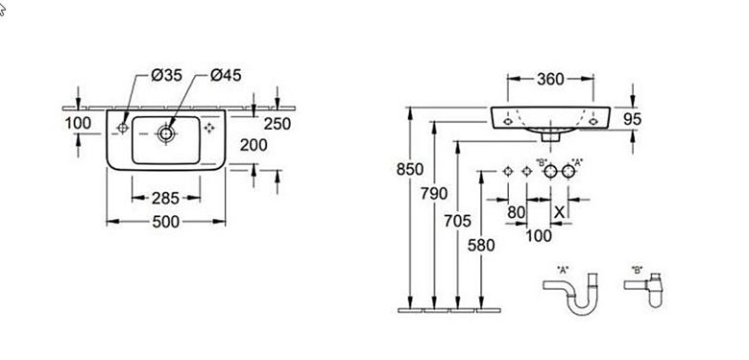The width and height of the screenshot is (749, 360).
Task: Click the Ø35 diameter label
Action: (167, 75)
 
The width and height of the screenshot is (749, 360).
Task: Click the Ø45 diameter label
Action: (226, 75)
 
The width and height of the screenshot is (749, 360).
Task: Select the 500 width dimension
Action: (166, 222)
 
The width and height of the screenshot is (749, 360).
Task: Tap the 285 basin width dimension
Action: (166, 198)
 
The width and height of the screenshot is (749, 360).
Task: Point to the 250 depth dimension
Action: (278, 124)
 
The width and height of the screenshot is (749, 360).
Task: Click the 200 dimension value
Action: (254, 145)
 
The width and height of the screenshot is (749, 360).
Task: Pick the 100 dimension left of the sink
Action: (78, 123)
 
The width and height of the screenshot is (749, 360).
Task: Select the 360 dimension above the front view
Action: (550, 79)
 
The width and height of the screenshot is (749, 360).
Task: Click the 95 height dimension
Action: (633, 119)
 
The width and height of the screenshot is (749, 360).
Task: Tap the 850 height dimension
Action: (410, 169)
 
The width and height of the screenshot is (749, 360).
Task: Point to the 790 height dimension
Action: (434, 193)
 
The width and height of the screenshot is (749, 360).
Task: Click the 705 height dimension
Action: (458, 221)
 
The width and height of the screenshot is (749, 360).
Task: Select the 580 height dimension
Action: (481, 246)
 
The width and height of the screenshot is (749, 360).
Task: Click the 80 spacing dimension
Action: (517, 212)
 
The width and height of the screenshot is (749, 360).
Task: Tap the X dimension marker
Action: (560, 211)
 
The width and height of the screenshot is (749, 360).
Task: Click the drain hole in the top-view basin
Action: (166, 133)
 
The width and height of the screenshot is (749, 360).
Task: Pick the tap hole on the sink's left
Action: (123, 128)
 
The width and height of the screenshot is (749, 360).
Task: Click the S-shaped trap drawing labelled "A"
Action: (570, 293)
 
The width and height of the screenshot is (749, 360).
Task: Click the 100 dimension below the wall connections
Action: (539, 235)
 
